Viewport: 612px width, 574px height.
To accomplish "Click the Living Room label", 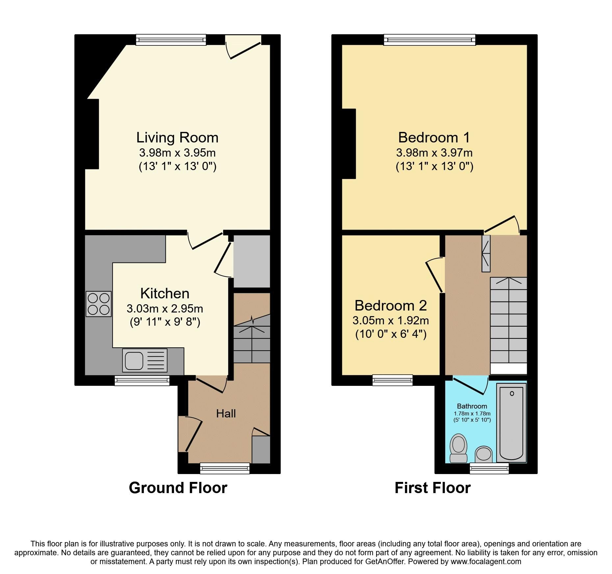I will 177,137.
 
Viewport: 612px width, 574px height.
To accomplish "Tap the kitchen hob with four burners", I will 98,304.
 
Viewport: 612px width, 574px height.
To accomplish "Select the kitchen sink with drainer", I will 144,360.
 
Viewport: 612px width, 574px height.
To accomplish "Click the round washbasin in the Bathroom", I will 484,455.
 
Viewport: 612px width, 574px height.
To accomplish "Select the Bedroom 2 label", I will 391,306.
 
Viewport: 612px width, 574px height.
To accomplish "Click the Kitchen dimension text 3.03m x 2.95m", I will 165,309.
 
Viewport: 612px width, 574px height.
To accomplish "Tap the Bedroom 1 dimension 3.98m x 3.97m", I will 434,153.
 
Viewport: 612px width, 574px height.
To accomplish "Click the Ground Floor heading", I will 178,488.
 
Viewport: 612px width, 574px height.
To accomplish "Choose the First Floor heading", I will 432,488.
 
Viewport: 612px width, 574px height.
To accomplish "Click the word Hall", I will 226,413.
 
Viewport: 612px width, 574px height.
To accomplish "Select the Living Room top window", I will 171,40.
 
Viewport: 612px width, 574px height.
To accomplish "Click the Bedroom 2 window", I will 393,380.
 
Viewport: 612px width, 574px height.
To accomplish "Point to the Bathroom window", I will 489,468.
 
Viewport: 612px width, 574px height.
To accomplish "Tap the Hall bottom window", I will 225,468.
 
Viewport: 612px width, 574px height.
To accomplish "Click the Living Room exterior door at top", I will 243,49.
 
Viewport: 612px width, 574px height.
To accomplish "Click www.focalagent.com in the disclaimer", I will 486,562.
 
